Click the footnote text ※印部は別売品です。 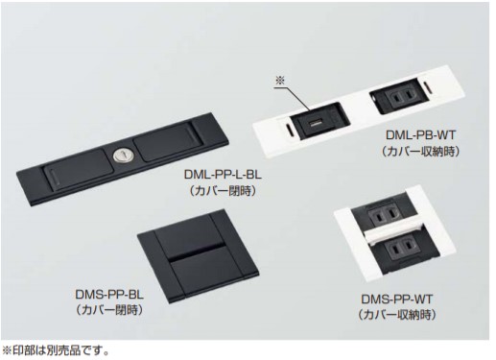pyautogui.click(x=57, y=350)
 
